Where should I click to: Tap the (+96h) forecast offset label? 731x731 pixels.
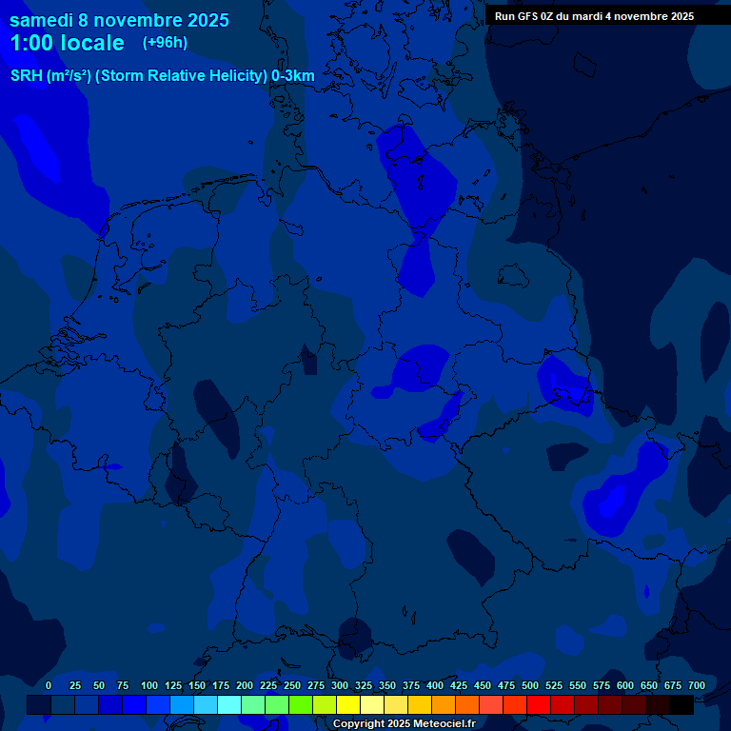(x=165, y=43)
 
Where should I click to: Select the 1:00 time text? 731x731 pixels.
(x=33, y=43)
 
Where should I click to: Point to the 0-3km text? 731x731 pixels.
(x=292, y=75)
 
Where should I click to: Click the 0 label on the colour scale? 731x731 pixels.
(x=49, y=685)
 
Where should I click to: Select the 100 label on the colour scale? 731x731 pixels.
(x=149, y=685)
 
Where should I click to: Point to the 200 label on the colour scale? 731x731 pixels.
(x=245, y=685)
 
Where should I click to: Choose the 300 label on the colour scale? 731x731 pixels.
(x=340, y=685)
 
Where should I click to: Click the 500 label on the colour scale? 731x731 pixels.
(x=530, y=685)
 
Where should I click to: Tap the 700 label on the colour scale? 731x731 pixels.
(x=697, y=685)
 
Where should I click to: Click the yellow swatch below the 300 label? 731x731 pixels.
(x=348, y=704)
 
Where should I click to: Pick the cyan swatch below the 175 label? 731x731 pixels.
(x=229, y=704)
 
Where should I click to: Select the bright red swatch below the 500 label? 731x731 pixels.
(x=539, y=704)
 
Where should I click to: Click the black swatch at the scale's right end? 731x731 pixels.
(x=682, y=704)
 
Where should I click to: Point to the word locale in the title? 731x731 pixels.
(x=92, y=43)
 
